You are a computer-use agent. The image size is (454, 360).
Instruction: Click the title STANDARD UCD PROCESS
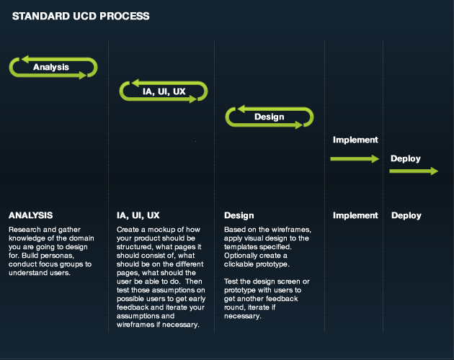[81, 17]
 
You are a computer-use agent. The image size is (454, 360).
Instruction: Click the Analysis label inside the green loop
[51, 67]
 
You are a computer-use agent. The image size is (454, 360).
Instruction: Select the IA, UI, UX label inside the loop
[164, 91]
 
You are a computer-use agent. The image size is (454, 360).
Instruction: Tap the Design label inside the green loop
[270, 117]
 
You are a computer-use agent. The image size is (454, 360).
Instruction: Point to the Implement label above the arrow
[355, 140]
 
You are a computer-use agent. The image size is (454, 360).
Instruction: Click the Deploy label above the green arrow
[406, 158]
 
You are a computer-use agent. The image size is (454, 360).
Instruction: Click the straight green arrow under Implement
[355, 158]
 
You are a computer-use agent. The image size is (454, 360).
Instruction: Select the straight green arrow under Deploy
[414, 171]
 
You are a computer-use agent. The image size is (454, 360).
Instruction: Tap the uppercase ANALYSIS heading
[31, 215]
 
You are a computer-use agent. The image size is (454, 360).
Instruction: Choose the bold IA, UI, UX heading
[138, 215]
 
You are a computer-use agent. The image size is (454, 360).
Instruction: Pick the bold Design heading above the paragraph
[239, 215]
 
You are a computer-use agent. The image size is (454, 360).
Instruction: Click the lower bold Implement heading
[355, 215]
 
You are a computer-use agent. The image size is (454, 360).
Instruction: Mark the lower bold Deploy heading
[406, 215]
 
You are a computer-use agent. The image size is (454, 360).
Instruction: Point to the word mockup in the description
[161, 230]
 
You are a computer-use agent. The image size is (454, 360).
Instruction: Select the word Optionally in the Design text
[238, 256]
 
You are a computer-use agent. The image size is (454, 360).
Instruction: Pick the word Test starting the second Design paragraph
[231, 282]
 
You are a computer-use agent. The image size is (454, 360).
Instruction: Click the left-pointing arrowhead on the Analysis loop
[25, 59]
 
